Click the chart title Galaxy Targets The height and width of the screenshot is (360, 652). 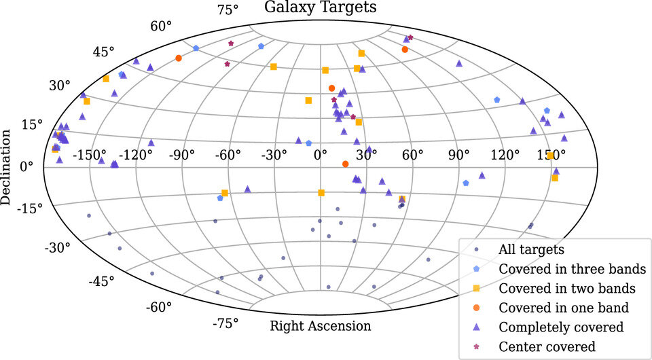[320, 7]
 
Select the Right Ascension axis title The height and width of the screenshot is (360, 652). [321, 325]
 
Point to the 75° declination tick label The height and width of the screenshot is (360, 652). [228, 10]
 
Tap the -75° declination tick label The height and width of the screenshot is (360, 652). [225, 323]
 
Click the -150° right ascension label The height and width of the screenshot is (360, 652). [90, 156]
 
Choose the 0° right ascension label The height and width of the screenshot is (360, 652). [321, 156]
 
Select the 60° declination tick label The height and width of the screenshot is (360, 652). [162, 26]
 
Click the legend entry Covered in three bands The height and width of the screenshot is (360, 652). [567, 268]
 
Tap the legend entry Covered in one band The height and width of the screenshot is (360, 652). [563, 308]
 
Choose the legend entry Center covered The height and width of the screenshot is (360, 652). [547, 346]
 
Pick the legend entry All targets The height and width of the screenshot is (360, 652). [531, 249]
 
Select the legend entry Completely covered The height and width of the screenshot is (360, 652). [561, 327]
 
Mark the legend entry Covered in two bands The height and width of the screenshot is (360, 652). [566, 288]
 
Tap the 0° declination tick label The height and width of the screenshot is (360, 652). [27, 166]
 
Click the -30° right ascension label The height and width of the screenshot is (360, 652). [274, 156]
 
